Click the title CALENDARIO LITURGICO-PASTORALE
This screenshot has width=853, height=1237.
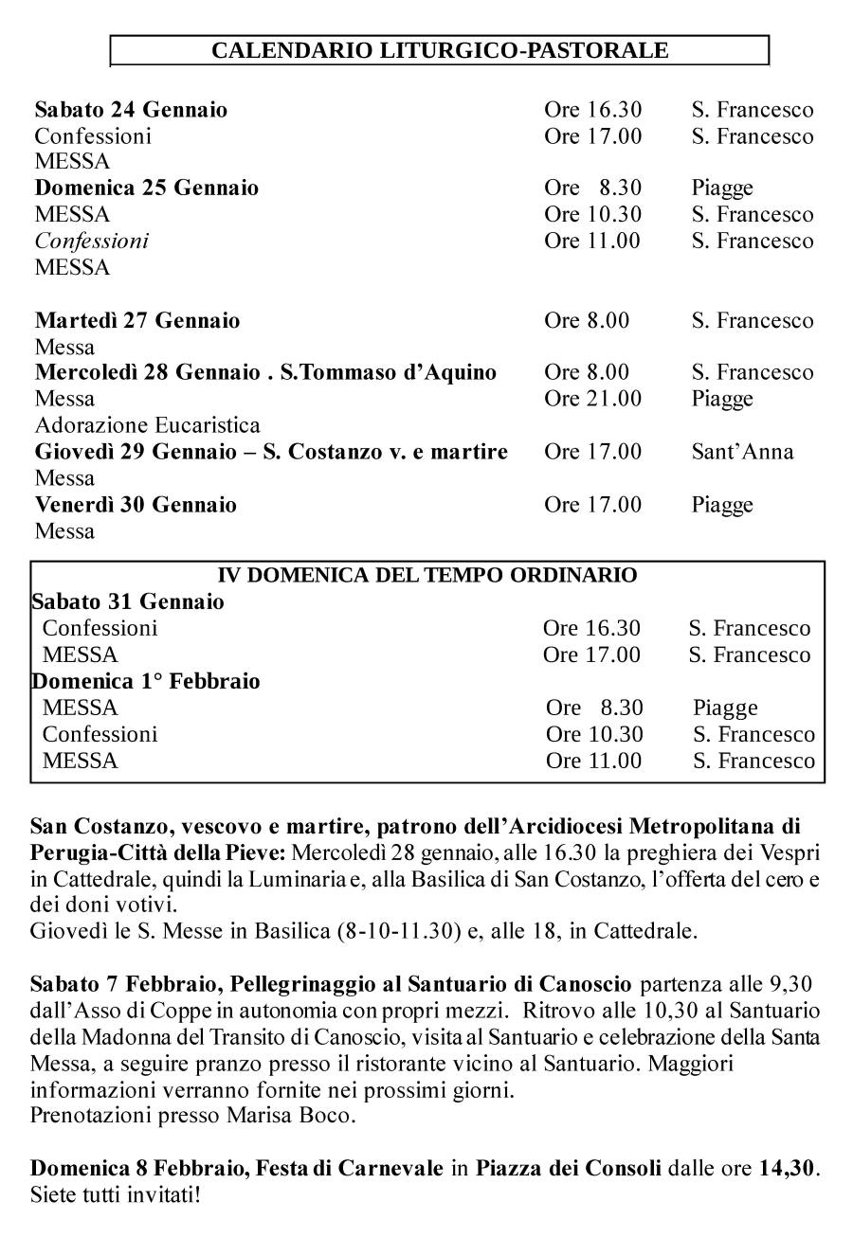click(x=440, y=50)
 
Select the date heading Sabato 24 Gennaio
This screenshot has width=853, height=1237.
click(x=131, y=110)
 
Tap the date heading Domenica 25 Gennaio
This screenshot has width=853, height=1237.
click(x=147, y=188)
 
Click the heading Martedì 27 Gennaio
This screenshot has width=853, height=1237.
click(x=137, y=320)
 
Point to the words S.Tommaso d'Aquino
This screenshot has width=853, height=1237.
click(x=389, y=372)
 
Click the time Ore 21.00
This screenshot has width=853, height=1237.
click(x=592, y=399)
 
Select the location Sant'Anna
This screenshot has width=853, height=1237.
click(x=742, y=452)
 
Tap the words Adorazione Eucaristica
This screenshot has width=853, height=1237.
click(x=147, y=425)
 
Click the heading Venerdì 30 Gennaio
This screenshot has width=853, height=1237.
click(x=136, y=505)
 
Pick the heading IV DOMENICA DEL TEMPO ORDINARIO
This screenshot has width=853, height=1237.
click(x=427, y=575)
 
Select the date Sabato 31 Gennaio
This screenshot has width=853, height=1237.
click(x=128, y=601)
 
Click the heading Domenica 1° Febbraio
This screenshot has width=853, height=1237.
click(x=146, y=681)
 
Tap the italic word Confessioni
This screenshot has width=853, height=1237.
click(x=92, y=241)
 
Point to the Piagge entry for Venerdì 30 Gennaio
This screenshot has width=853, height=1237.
click(x=722, y=505)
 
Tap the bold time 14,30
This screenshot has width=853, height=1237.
click(x=787, y=1168)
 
